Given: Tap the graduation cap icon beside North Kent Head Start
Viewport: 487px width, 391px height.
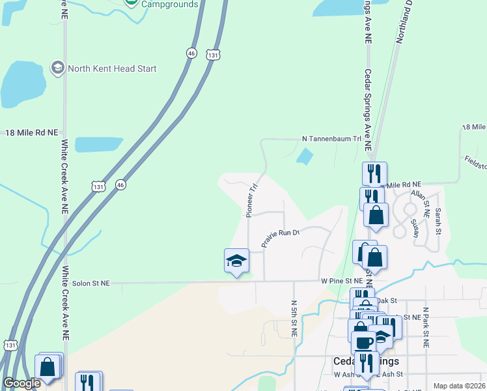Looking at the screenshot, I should pyautogui.click(x=57, y=68).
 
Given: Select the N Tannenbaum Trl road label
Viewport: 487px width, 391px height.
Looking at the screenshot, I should pyautogui.click(x=331, y=139).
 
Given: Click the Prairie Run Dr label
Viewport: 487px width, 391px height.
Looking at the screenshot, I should pyautogui.click(x=279, y=237).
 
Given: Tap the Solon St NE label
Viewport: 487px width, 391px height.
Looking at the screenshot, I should pyautogui.click(x=91, y=283).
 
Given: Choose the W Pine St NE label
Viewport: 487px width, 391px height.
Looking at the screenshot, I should pyautogui.click(x=341, y=281).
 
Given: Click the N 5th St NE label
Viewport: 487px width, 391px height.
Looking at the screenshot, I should pyautogui.click(x=294, y=318).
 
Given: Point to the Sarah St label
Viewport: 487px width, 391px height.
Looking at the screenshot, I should pyautogui.click(x=438, y=221).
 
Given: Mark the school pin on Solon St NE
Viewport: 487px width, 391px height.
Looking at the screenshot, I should pyautogui.click(x=237, y=261).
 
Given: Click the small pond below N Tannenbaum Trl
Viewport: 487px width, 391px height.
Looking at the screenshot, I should pyautogui.click(x=304, y=156).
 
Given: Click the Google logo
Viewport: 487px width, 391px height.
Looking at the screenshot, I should pyautogui.click(x=21, y=383).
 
